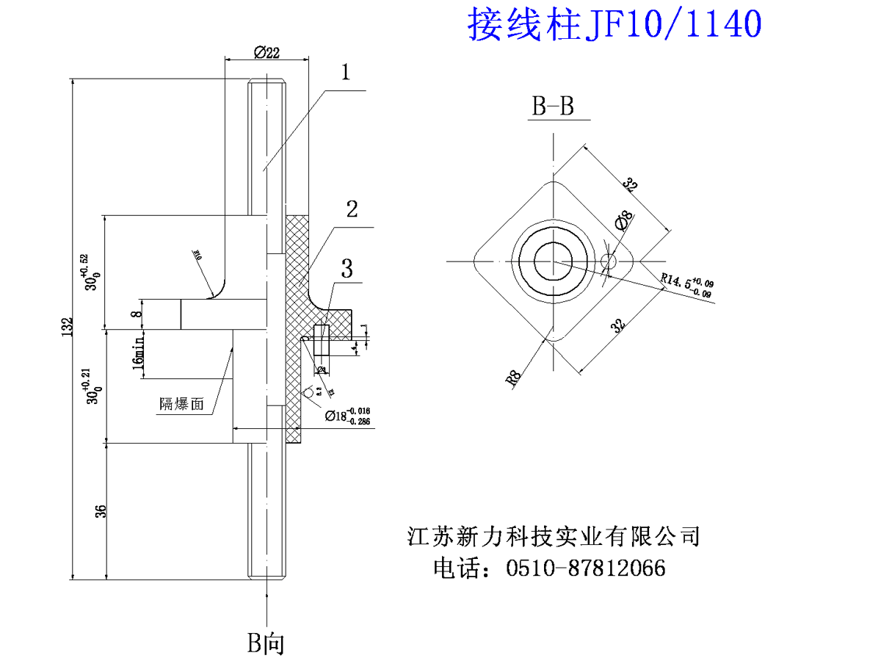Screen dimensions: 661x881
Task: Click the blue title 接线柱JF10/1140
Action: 614,24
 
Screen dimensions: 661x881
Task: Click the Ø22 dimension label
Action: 266,52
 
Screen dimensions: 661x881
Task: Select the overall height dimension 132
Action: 68,326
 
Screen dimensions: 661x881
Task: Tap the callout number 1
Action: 347,72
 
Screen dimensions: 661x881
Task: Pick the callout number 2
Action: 352,209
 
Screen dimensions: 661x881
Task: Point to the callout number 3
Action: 346,268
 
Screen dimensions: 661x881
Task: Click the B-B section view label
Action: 553,107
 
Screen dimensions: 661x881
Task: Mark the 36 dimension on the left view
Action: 101,510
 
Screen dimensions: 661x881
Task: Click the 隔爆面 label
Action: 181,403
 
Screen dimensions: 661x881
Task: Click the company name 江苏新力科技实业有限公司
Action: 554,535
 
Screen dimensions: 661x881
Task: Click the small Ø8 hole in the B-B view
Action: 608,261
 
